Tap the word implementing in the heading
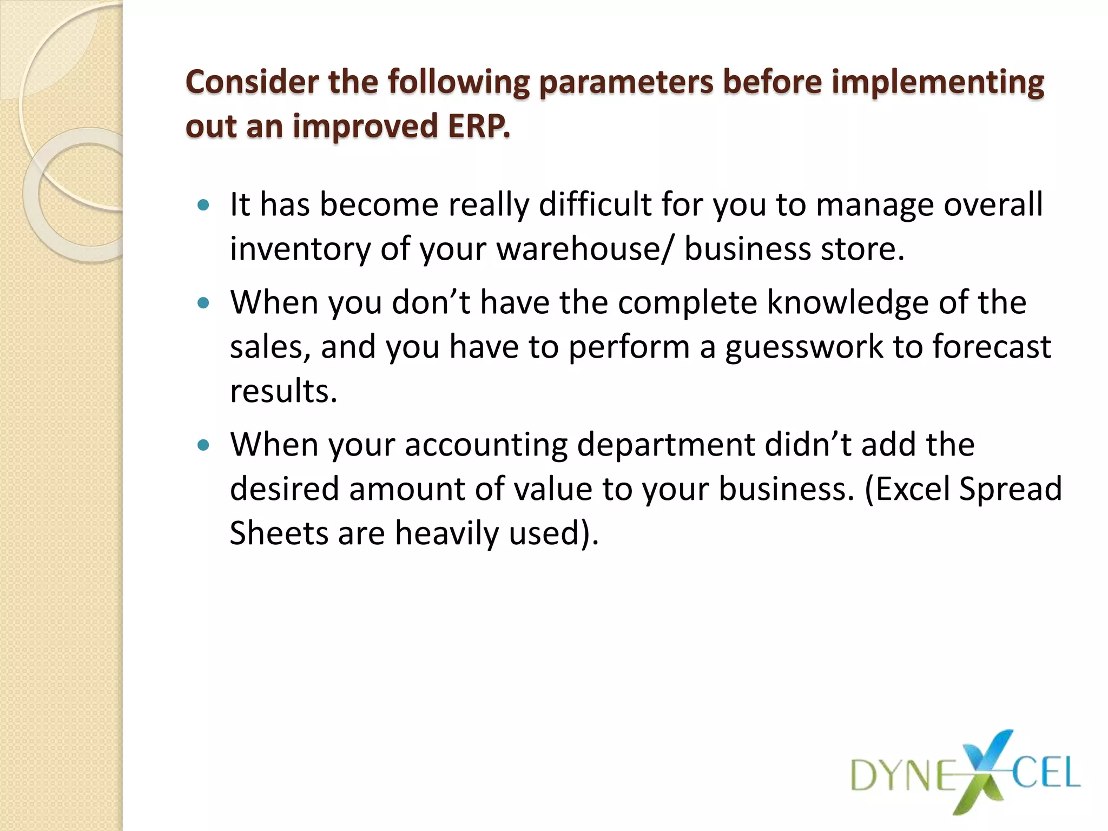(937, 83)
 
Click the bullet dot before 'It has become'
(203, 205)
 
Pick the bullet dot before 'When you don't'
(203, 303)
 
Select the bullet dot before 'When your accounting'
(203, 445)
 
